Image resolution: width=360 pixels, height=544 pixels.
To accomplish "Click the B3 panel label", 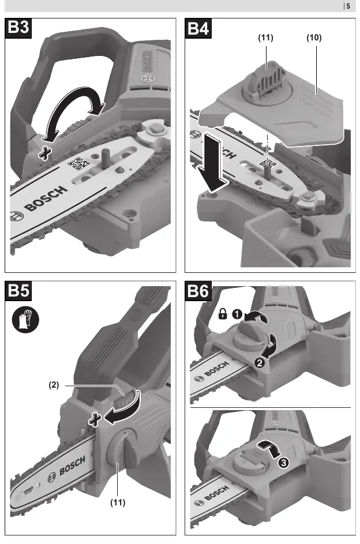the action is [x=18, y=28].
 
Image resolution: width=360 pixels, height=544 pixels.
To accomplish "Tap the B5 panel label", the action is [x=18, y=290].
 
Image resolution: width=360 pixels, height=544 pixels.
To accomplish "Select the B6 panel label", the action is [x=198, y=290].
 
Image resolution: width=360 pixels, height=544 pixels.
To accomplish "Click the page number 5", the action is [x=348, y=6].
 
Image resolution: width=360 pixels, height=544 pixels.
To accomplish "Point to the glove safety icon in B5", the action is [x=25, y=319].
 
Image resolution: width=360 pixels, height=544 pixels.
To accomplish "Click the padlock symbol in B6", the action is [x=223, y=314].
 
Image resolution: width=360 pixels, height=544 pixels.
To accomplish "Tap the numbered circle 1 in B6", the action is [x=237, y=314].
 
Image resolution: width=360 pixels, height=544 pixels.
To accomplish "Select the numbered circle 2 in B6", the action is [x=260, y=363].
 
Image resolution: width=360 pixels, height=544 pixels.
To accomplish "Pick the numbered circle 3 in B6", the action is [x=283, y=463].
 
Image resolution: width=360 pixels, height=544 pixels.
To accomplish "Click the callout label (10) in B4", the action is [x=314, y=37].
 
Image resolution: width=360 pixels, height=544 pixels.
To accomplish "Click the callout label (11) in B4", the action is [x=265, y=37].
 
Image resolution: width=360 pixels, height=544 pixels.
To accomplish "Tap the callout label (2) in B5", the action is [x=54, y=385].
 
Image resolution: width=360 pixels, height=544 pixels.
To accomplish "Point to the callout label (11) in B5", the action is [x=118, y=502].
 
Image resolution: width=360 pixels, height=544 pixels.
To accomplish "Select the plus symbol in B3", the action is [x=45, y=153].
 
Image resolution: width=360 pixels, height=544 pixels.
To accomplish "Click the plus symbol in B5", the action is [x=95, y=419].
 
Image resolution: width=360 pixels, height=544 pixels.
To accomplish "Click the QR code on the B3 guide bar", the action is [x=78, y=164].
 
